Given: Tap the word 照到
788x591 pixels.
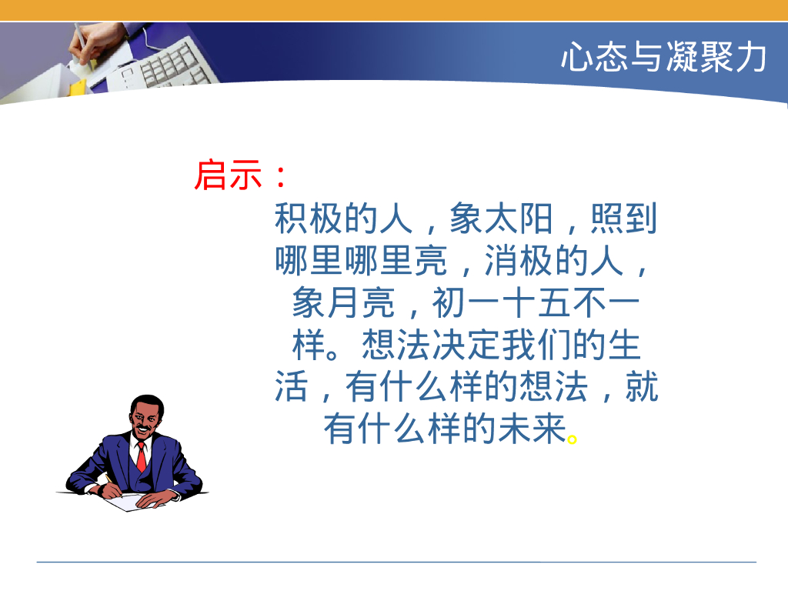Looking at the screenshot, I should coord(624,220).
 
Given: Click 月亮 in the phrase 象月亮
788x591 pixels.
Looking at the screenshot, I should coord(359,304).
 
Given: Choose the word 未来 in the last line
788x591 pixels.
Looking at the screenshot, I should coord(531,429).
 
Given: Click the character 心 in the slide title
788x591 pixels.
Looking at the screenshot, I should coord(576,58).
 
